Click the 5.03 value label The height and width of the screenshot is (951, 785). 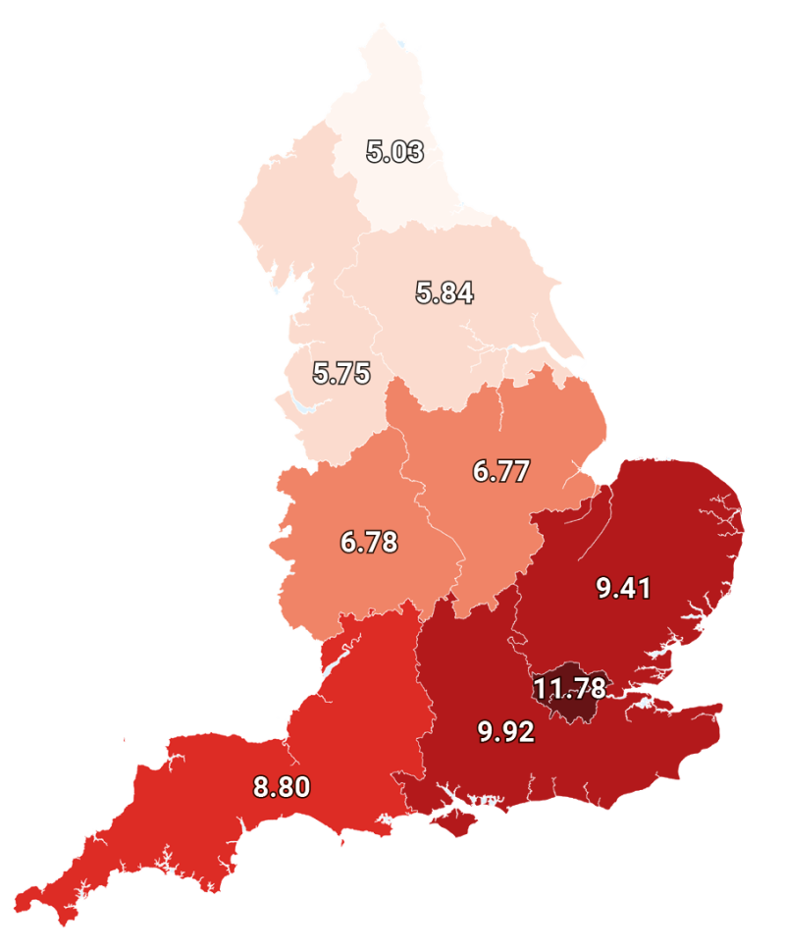pyautogui.click(x=394, y=152)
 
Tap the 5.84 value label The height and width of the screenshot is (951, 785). pyautogui.click(x=445, y=292)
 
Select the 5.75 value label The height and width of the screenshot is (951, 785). pyautogui.click(x=341, y=374)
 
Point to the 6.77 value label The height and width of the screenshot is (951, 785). pyautogui.click(x=500, y=471)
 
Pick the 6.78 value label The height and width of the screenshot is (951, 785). pyautogui.click(x=369, y=542)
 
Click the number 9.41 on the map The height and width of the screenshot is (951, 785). pyautogui.click(x=624, y=588)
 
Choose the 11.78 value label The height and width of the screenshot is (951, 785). pyautogui.click(x=569, y=685)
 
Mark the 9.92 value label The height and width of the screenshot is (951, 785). pyautogui.click(x=506, y=732)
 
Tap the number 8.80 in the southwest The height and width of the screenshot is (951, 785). pyautogui.click(x=282, y=786)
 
